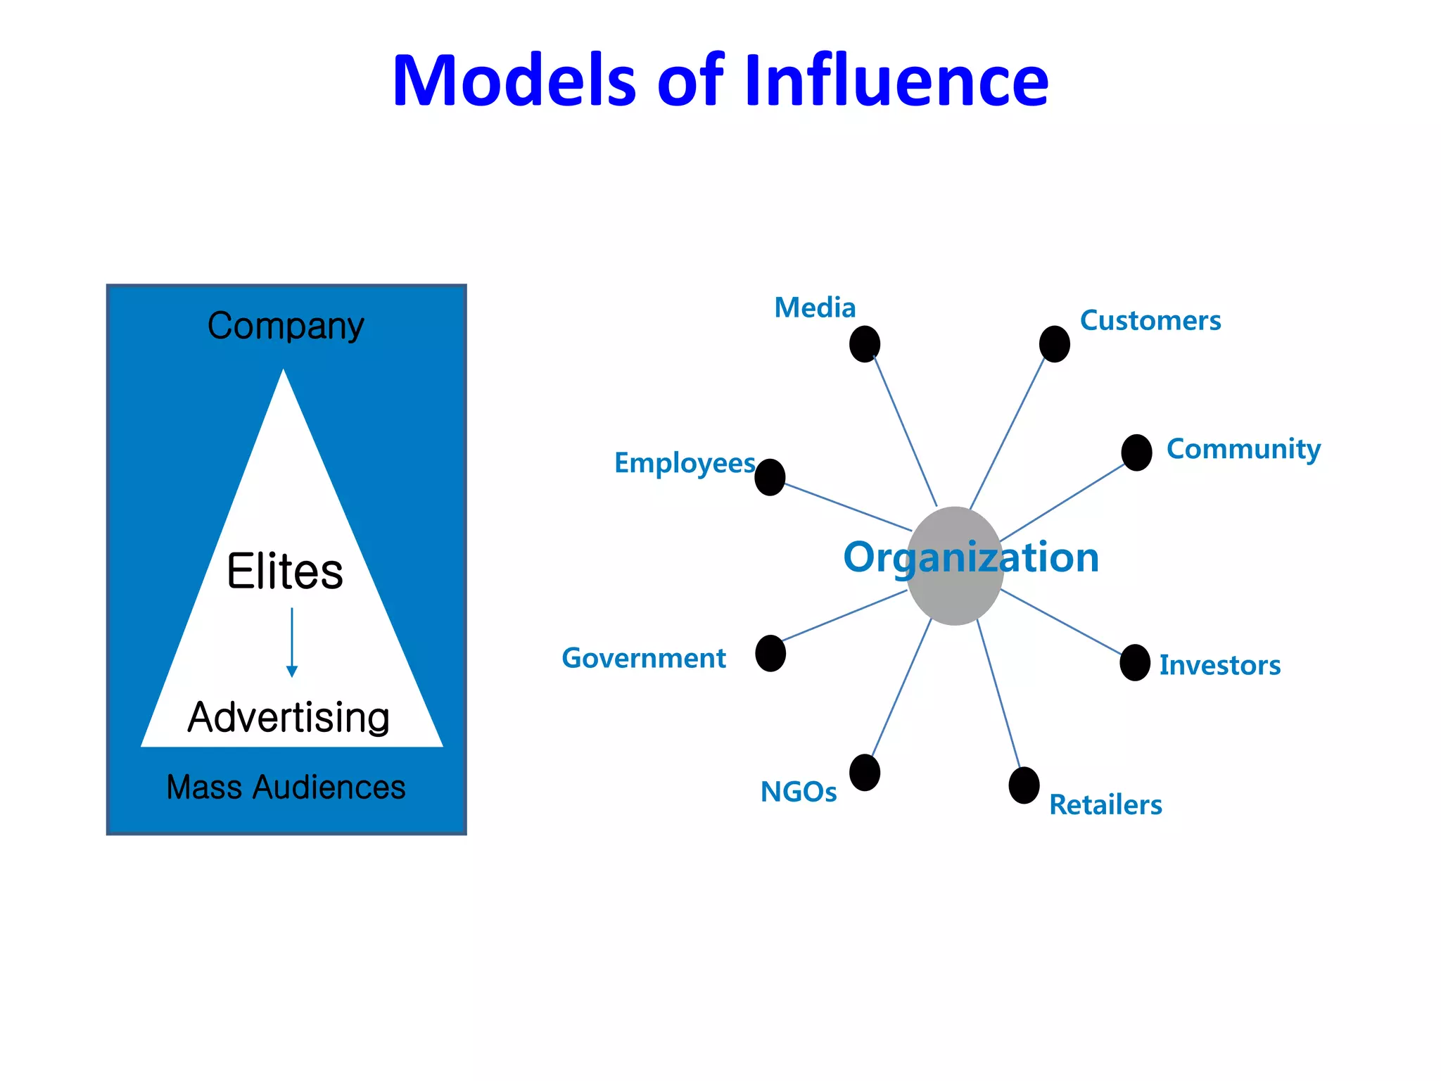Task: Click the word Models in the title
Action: click(514, 81)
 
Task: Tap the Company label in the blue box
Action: click(286, 326)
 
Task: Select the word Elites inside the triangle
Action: click(285, 571)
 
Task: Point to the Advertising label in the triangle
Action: click(288, 717)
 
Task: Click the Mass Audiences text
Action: click(286, 787)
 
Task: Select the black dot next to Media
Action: click(865, 344)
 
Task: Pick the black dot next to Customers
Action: click(1054, 344)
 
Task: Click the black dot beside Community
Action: click(1136, 452)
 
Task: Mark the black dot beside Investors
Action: click(1135, 662)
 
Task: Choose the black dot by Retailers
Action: click(1024, 785)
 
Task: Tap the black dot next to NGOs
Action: click(865, 773)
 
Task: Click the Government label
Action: click(643, 658)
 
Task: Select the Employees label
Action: click(685, 463)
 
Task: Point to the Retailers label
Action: click(1105, 804)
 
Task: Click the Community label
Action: click(1243, 449)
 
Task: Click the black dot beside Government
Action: click(770, 653)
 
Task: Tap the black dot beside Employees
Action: click(770, 477)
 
